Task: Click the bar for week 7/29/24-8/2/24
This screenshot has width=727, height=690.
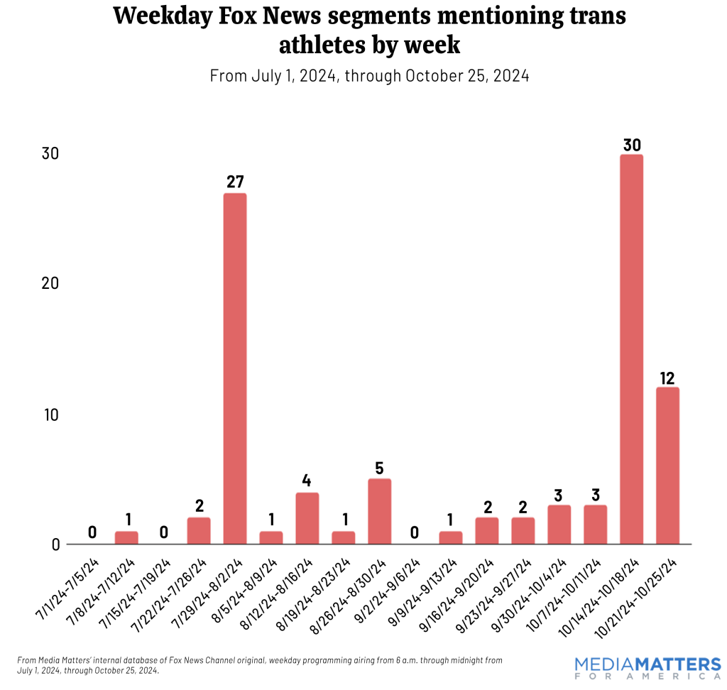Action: (235, 368)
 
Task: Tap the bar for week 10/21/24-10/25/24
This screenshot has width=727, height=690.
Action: (667, 466)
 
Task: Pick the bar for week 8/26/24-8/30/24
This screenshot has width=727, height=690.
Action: (379, 511)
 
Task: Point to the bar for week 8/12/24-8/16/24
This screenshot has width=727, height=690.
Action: (307, 518)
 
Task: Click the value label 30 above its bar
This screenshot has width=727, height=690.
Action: (632, 144)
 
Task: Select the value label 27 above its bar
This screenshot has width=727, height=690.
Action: (235, 182)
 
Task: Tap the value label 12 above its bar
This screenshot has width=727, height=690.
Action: (667, 377)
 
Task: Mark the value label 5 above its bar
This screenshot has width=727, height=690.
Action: (379, 469)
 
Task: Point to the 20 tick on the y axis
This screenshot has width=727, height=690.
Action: (50, 283)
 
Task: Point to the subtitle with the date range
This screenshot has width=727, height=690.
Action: (369, 75)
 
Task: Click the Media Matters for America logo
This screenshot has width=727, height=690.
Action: (647, 668)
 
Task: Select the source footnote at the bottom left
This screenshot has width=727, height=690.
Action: (259, 664)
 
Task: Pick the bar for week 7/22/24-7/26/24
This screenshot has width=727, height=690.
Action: (199, 530)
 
